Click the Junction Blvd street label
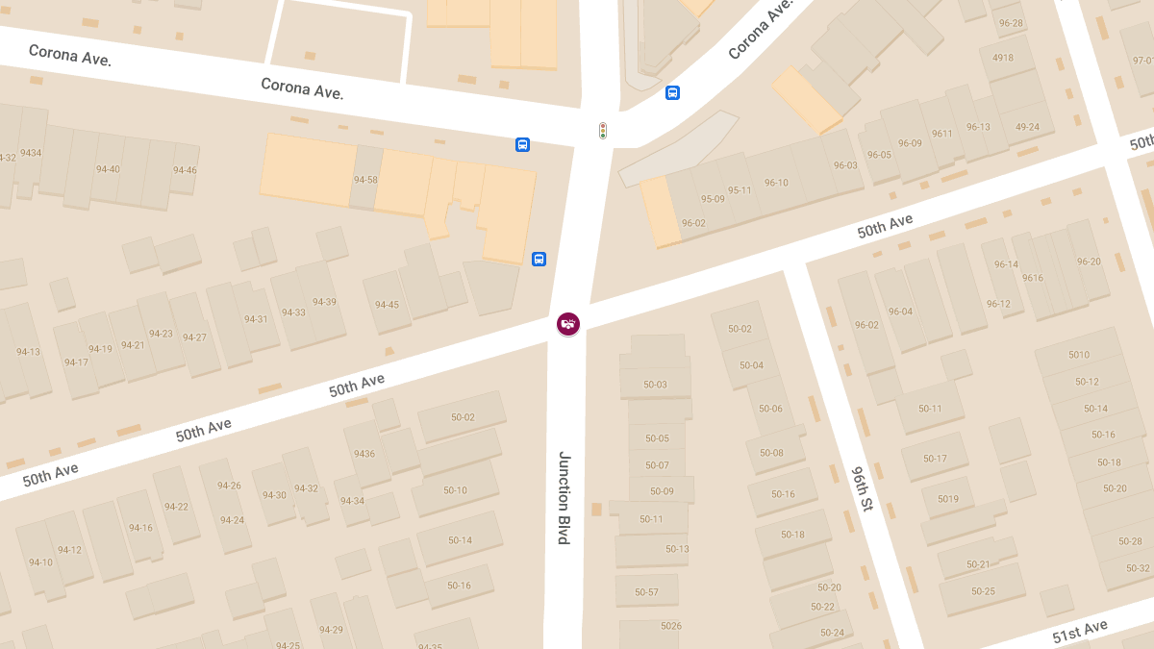click(x=564, y=497)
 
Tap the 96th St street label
click(x=862, y=488)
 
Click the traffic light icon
click(x=603, y=130)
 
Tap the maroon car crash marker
click(x=568, y=324)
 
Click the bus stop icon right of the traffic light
click(x=672, y=93)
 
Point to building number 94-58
click(x=365, y=180)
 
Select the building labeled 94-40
click(x=108, y=169)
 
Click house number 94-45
click(x=387, y=305)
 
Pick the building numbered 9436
click(x=364, y=454)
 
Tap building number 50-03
click(x=655, y=385)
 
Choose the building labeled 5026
click(x=671, y=626)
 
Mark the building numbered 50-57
click(x=646, y=592)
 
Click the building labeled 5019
click(x=948, y=499)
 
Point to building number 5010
click(x=1079, y=355)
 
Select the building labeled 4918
click(x=1003, y=58)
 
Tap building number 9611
click(x=941, y=134)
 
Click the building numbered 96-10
click(x=776, y=183)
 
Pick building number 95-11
click(x=740, y=190)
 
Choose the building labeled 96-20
click(x=1089, y=262)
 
